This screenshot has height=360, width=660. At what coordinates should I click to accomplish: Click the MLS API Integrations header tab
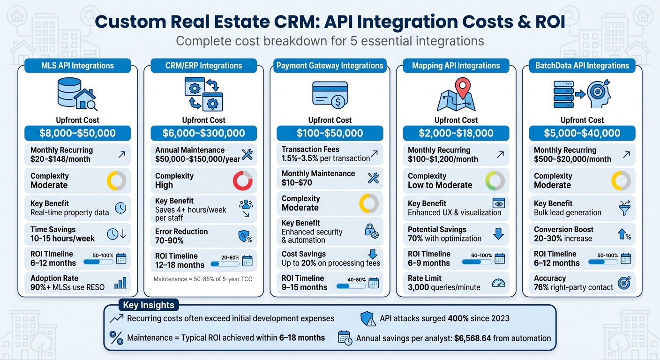pyautogui.click(x=77, y=66)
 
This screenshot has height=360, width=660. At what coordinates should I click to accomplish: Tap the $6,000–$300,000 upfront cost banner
pyautogui.click(x=203, y=133)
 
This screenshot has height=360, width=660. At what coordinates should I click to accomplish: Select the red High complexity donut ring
pyautogui.click(x=242, y=180)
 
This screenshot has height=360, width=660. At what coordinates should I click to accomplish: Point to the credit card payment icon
pyautogui.click(x=330, y=94)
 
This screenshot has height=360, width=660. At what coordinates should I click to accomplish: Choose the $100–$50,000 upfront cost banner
pyautogui.click(x=330, y=133)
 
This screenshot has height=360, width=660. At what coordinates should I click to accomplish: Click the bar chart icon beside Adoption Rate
pyautogui.click(x=120, y=283)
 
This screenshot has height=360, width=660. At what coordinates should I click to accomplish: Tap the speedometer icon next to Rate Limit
pyautogui.click(x=498, y=283)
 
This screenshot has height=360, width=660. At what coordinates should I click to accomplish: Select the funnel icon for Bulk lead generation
pyautogui.click(x=624, y=208)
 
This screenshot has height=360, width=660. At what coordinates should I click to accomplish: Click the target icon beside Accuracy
pyautogui.click(x=624, y=283)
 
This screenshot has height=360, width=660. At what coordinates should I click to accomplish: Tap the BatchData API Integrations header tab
pyautogui.click(x=582, y=66)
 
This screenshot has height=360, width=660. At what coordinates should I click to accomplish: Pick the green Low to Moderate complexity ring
pyautogui.click(x=495, y=180)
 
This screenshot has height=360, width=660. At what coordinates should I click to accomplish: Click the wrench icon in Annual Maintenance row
pyautogui.click(x=247, y=154)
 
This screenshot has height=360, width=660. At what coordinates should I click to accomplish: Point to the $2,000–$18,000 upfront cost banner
pyautogui.click(x=456, y=133)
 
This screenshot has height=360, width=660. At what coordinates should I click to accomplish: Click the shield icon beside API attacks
pyautogui.click(x=367, y=319)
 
